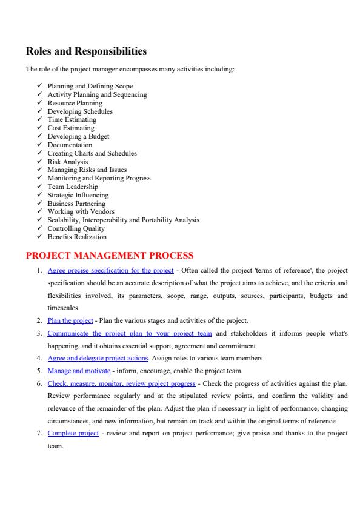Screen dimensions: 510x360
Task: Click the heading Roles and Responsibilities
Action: pyautogui.click(x=86, y=51)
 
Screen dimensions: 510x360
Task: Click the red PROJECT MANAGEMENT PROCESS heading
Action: pyautogui.click(x=109, y=256)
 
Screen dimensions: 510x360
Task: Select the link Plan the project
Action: pyautogui.click(x=70, y=320)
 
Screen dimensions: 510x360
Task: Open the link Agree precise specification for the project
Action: pyautogui.click(x=110, y=270)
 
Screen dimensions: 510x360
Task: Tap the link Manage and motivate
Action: pyautogui.click(x=79, y=371)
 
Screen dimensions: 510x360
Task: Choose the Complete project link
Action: pyautogui.click(x=73, y=434)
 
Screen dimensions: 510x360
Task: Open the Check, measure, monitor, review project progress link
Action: pyautogui.click(x=121, y=383)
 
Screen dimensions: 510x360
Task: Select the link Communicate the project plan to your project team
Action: pyautogui.click(x=130, y=333)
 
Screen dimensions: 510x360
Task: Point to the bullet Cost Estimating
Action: pyautogui.click(x=71, y=128)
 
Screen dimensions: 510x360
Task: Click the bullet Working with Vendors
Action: pyautogui.click(x=81, y=212)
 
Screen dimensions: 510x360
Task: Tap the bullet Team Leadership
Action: pyautogui.click(x=72, y=187)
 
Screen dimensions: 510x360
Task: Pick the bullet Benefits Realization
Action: pyautogui.click(x=77, y=237)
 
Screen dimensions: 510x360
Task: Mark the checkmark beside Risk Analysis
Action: pyautogui.click(x=39, y=162)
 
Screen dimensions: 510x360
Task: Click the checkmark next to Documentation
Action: pyautogui.click(x=39, y=145)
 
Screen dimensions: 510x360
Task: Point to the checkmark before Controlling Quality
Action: pyautogui.click(x=39, y=228)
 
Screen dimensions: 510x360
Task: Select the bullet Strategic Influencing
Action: pyautogui.click(x=78, y=196)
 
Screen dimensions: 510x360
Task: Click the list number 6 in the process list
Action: pyautogui.click(x=39, y=383)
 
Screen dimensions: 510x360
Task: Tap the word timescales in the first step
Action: pyautogui.click(x=62, y=308)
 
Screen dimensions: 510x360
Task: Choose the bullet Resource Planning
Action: pyautogui.click(x=75, y=103)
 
